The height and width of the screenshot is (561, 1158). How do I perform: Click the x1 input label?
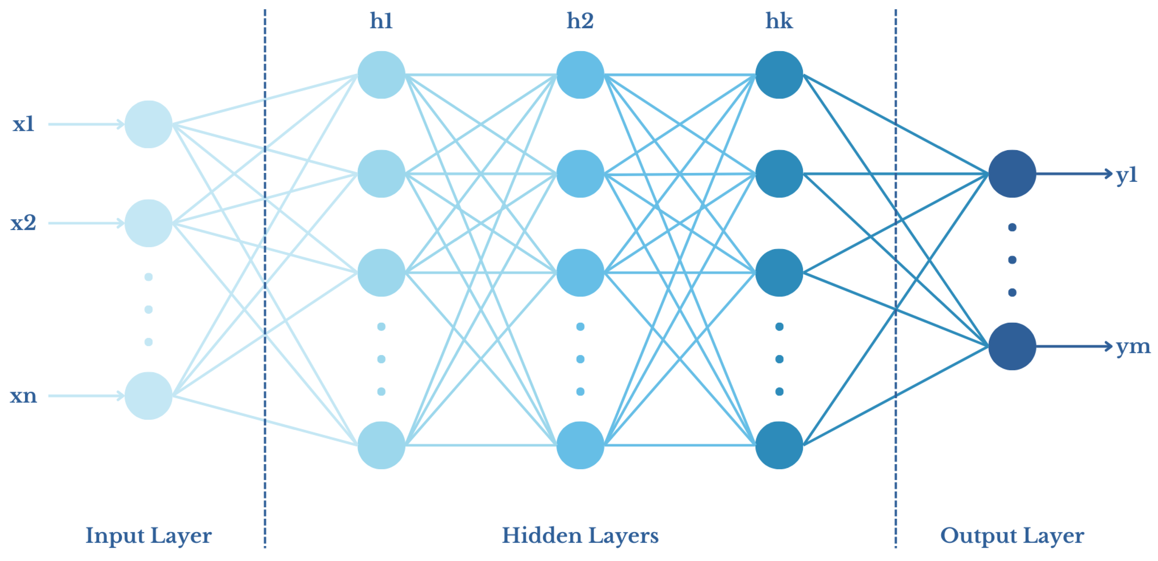23,124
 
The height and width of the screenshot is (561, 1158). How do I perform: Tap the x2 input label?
23,223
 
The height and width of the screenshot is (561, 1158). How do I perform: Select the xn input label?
23,396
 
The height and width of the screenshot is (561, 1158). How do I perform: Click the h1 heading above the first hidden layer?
381,21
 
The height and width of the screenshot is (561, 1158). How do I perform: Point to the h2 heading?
580,21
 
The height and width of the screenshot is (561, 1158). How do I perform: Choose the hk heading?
779,21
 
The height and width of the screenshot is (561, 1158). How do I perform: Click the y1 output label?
1127,175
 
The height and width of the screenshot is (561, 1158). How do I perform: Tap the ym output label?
1133,347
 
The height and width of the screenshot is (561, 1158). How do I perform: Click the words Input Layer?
148,536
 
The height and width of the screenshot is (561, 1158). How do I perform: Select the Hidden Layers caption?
580,535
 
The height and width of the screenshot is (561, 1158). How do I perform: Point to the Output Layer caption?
1012,536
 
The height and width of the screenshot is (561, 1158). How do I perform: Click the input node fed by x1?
148,124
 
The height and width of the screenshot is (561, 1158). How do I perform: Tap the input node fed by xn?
148,396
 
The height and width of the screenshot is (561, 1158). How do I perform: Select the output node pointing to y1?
1012,174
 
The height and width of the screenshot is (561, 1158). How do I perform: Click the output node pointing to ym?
1012,346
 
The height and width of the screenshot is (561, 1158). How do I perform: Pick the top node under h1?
381,75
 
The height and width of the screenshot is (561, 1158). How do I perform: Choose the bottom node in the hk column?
779,445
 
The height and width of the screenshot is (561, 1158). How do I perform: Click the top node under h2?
580,75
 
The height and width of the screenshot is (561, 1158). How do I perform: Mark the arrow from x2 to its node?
85,223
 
